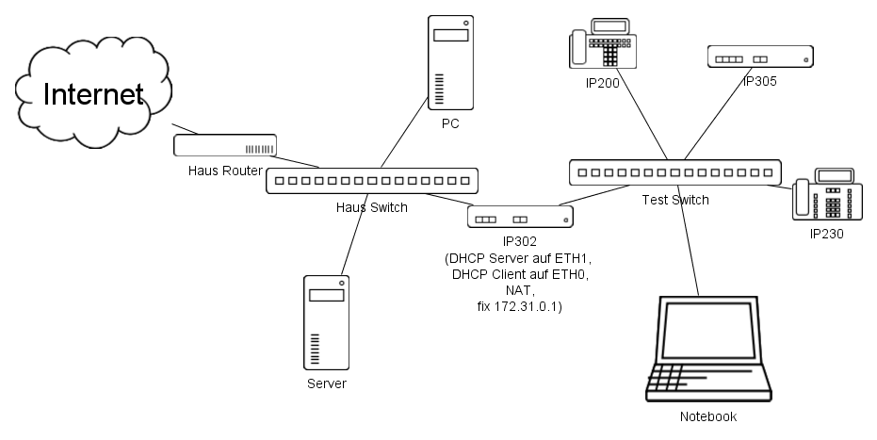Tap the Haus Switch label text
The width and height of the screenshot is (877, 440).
coord(372,206)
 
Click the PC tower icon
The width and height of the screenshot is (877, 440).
coord(449,62)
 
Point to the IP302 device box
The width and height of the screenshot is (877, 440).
coord(520,218)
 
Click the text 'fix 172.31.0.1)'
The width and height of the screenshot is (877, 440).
coord(520,306)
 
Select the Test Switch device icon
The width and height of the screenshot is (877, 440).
coord(675,172)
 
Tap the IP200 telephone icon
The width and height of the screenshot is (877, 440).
coord(604,47)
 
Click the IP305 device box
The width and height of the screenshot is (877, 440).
coord(759,57)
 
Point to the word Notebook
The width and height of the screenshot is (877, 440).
coord(708,416)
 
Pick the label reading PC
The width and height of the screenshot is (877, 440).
coord(449,123)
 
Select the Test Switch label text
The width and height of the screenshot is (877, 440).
coord(675,200)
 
